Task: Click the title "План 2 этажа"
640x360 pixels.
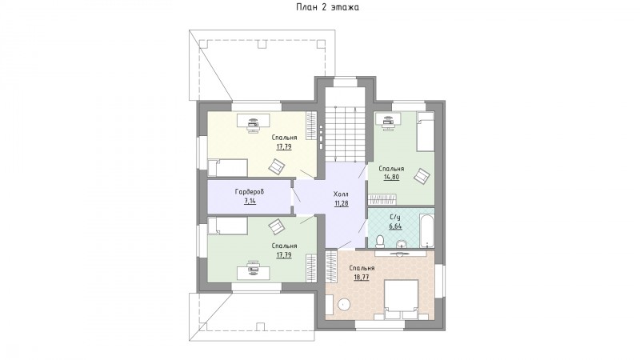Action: [x=328, y=7]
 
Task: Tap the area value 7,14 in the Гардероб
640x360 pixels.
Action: [x=250, y=201]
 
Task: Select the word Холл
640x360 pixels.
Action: [x=342, y=194]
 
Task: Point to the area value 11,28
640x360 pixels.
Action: [x=342, y=203]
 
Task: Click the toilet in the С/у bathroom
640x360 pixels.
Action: [x=379, y=242]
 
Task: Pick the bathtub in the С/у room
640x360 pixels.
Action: [x=427, y=228]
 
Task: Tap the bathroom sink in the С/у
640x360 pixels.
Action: [x=402, y=244]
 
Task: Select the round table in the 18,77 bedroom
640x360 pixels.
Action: [x=345, y=305]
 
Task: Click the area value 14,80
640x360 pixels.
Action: [x=391, y=177]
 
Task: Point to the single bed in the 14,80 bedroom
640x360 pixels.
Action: [x=425, y=132]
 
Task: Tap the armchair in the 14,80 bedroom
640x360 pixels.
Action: [x=422, y=177]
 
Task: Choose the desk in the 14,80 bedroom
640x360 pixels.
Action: [x=387, y=119]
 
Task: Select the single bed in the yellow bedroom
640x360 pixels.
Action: [x=227, y=168]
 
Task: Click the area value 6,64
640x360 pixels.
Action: [x=395, y=226]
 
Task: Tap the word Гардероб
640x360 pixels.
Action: [x=250, y=191]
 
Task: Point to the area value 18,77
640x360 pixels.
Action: [x=362, y=277]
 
